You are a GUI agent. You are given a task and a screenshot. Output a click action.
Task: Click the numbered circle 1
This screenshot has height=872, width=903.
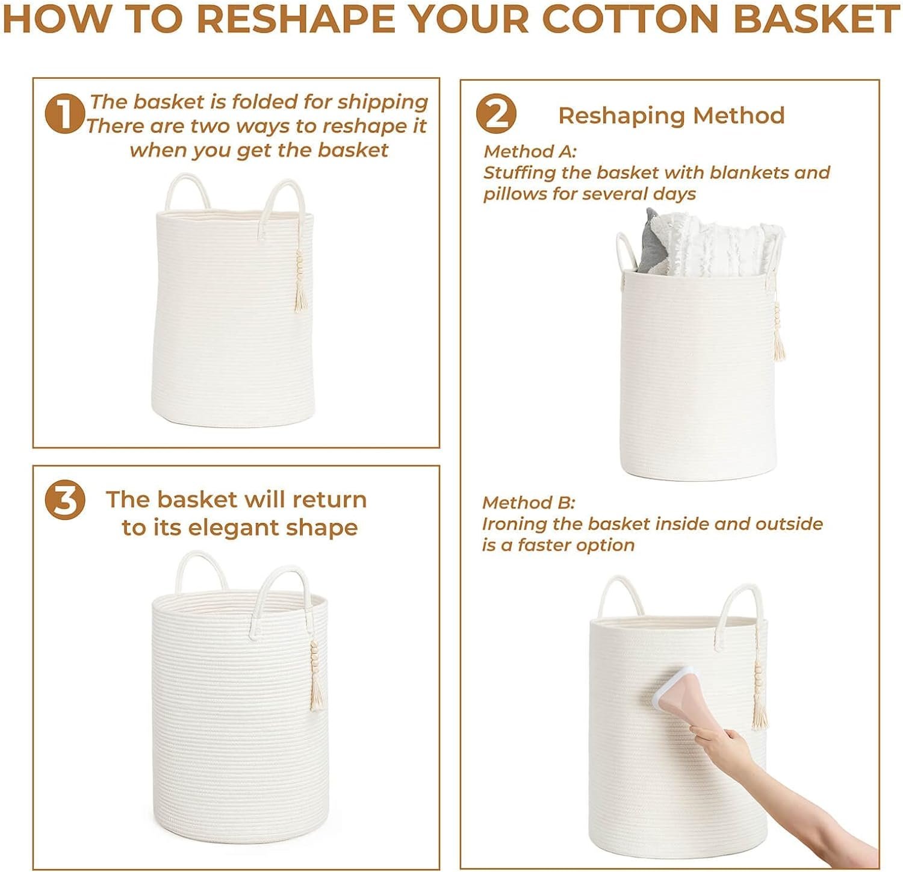pos(64,114)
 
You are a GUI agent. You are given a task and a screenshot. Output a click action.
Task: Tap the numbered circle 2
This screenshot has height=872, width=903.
pos(495,114)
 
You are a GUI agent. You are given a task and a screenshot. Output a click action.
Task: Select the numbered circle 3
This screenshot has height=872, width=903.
pos(65,500)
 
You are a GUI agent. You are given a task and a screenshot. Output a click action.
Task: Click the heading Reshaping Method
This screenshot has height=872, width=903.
pos(671,116)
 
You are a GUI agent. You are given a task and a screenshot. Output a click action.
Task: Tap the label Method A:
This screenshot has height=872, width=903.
pos(530,151)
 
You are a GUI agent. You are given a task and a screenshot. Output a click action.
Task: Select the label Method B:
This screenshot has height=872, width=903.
pos(529,502)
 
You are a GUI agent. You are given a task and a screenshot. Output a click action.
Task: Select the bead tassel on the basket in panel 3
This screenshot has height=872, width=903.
pos(315,674)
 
